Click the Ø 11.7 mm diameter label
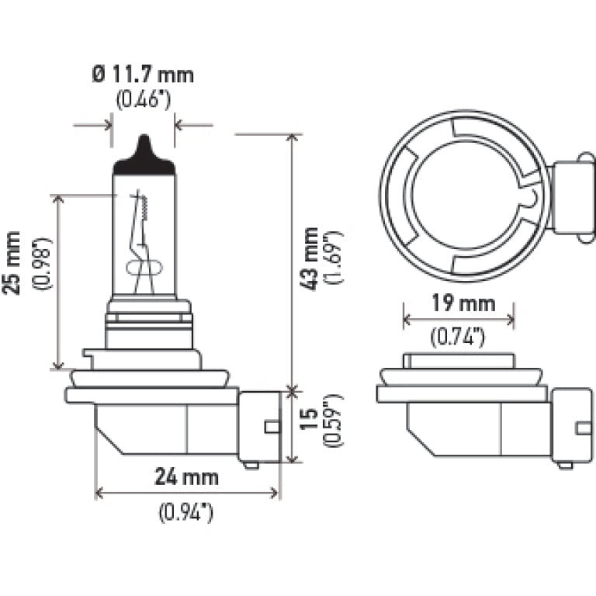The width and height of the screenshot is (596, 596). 143,74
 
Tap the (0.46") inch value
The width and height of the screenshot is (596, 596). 144,99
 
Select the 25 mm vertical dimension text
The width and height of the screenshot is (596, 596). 12,262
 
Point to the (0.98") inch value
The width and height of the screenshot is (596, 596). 42,263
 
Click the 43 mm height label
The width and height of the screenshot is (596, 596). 310,259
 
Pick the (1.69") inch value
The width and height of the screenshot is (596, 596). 334,257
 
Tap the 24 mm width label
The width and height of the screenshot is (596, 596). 186,476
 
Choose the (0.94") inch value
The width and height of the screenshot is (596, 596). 186,512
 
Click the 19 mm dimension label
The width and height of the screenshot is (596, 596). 463,303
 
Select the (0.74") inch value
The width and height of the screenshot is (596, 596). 458,337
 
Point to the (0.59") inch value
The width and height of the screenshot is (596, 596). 333,421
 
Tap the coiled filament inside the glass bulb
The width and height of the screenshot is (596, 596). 144,207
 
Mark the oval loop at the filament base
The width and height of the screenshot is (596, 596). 144,268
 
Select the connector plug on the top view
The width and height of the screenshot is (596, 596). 573,196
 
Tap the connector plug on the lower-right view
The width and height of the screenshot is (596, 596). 572,428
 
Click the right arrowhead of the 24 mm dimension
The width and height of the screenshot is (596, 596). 275,493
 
